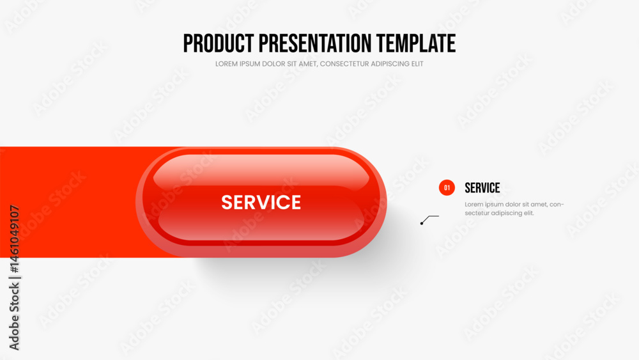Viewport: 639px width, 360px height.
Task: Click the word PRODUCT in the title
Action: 219,43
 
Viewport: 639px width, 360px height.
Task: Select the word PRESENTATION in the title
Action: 315,43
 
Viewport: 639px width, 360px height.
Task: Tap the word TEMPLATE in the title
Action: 416,43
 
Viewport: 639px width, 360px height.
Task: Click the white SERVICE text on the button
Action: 261,202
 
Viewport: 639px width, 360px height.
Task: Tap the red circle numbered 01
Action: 447,187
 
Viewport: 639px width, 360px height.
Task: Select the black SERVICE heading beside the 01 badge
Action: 482,187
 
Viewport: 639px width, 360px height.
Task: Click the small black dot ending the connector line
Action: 422,223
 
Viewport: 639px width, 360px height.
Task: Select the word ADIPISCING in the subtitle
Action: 390,64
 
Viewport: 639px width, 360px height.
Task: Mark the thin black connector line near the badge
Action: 430,219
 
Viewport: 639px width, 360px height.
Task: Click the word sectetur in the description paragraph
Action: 477,213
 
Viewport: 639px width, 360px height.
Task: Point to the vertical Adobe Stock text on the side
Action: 14,317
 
